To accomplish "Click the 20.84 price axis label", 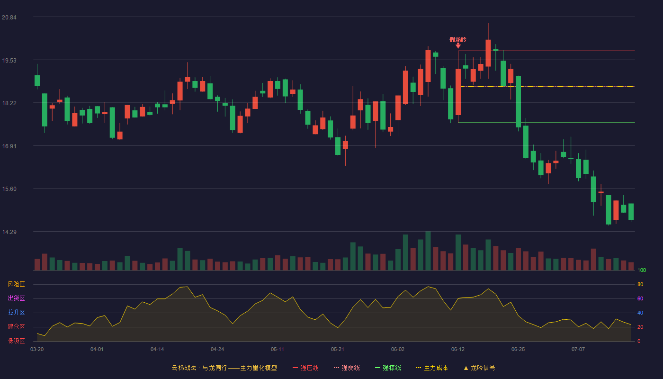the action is [9, 18].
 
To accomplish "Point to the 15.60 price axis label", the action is [9, 189].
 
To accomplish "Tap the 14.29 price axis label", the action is [9, 232].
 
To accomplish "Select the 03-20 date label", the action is [37, 350].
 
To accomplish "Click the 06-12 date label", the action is [458, 350].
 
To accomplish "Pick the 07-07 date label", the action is [578, 350].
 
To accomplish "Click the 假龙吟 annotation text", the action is [458, 40].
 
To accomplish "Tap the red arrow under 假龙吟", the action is [458, 45].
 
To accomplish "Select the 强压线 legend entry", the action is [305, 368].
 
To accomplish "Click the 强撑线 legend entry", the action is [388, 368].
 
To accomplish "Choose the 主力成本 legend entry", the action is [432, 368].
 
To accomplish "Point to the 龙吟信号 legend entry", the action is [479, 368].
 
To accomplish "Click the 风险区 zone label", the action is [16, 284].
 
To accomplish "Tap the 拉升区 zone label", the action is [16, 313].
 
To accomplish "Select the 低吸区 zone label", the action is [16, 341].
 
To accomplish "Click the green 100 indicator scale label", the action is [642, 270].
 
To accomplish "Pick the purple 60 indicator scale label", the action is [640, 298].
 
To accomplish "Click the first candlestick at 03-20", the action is [37, 81].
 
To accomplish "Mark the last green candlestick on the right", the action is [631, 211].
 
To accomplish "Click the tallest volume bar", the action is [428, 251].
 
